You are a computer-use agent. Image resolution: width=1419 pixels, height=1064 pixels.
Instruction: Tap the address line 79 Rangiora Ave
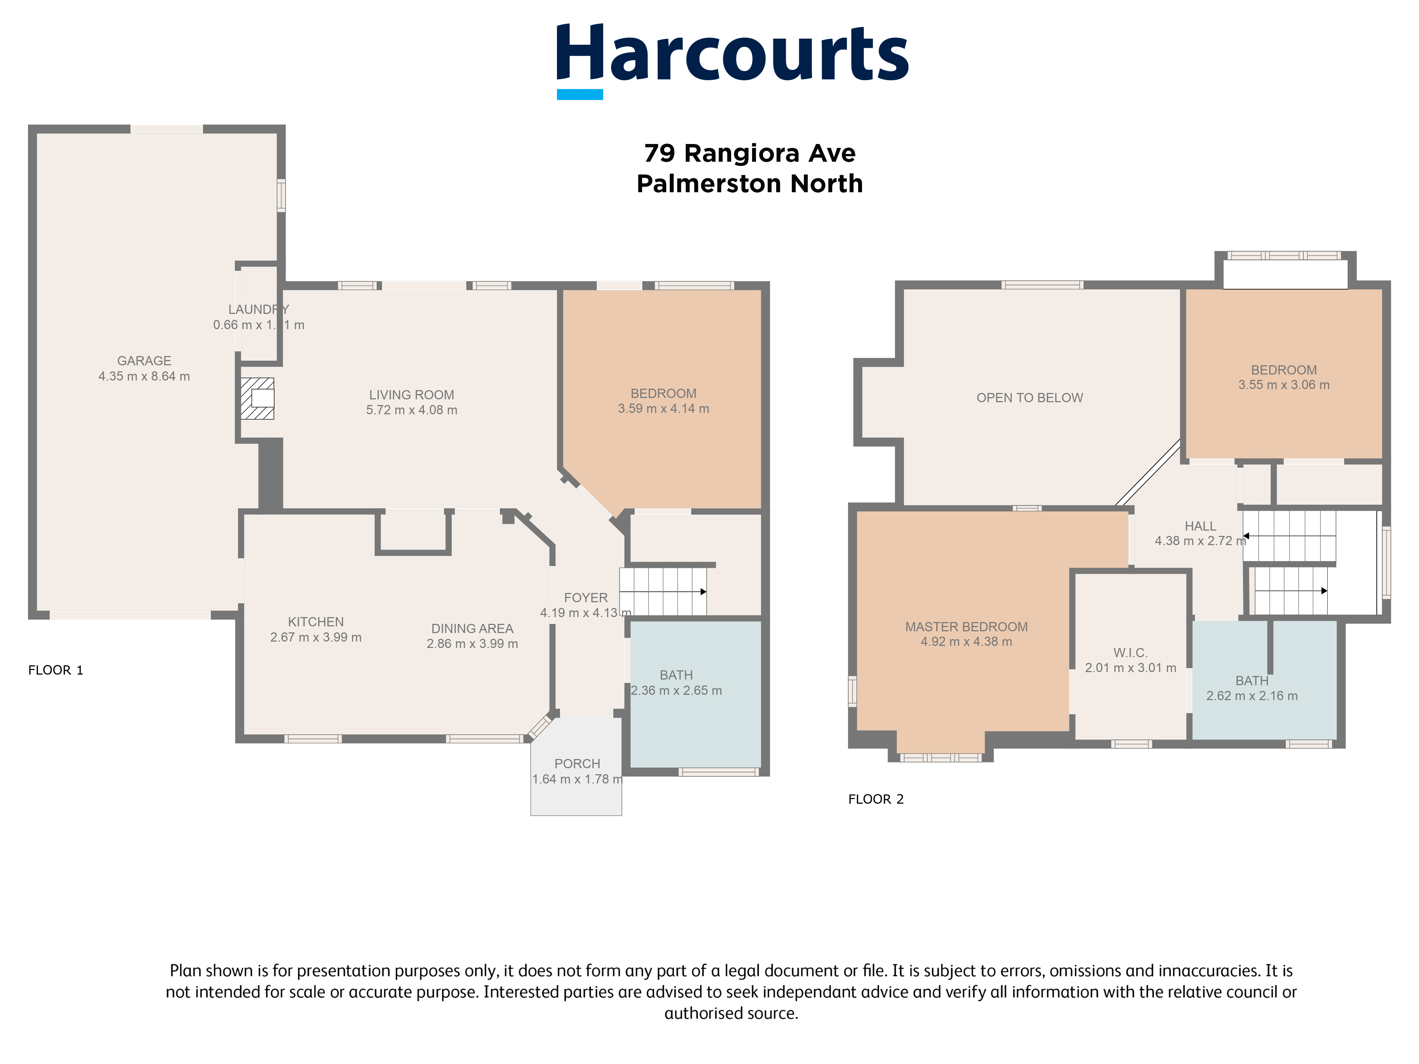point(749,153)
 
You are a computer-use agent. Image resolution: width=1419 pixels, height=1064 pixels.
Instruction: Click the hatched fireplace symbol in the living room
point(257,398)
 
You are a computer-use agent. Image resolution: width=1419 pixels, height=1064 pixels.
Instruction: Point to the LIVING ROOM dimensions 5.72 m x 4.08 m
point(411,410)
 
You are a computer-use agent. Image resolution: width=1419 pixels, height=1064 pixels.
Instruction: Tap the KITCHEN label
point(316,622)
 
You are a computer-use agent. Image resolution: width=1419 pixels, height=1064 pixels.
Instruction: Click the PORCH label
point(577,764)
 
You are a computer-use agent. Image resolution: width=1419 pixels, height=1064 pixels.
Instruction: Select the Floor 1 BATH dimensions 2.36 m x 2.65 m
point(676,691)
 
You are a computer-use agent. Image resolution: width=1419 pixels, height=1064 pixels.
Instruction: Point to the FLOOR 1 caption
point(56,670)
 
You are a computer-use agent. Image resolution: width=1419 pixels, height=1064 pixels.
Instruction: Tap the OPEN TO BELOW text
point(1029,398)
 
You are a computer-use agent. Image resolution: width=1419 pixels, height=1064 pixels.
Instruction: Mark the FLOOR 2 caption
point(875,799)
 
